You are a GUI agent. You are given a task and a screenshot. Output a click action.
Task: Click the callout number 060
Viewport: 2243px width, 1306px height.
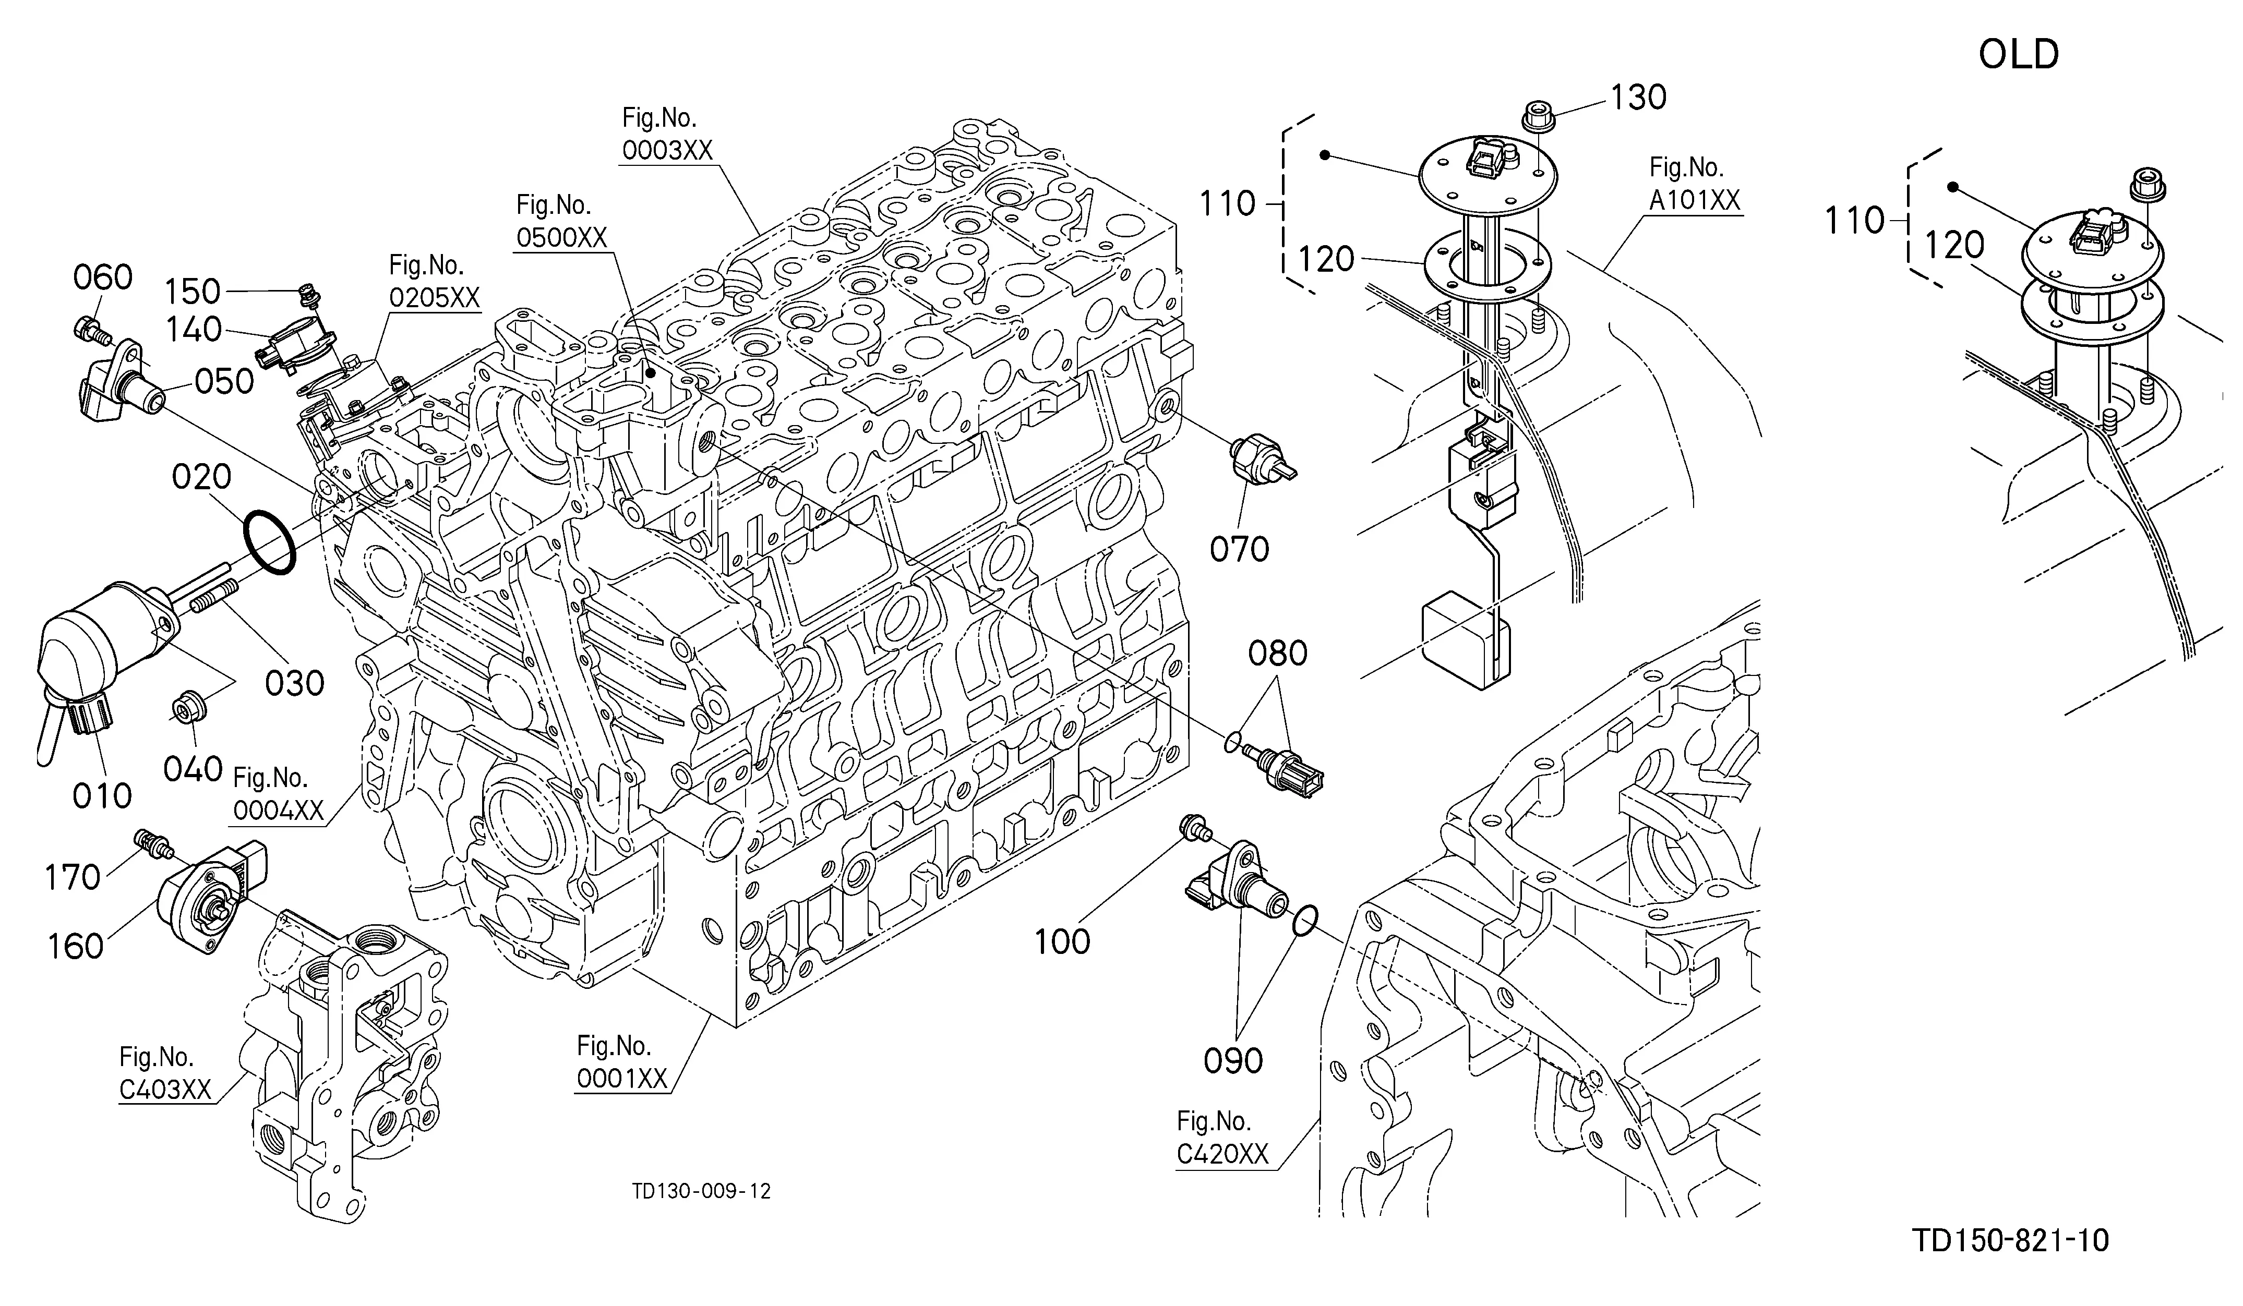tap(103, 277)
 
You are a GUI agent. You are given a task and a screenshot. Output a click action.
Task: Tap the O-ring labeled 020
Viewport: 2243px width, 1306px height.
tap(268, 542)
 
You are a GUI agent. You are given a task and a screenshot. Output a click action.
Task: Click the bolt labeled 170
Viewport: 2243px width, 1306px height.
tap(152, 842)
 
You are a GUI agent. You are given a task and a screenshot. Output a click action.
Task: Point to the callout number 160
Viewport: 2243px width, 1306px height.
tap(77, 946)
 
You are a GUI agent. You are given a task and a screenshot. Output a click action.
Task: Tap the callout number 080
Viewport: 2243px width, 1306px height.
tap(1277, 654)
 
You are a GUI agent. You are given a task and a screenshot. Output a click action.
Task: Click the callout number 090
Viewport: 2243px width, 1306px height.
tap(1233, 1060)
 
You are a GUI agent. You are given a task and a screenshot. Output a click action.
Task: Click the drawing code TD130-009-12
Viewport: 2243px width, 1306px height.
tap(701, 1191)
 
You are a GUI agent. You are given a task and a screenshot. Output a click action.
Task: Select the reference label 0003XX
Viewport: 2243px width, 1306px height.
tap(667, 150)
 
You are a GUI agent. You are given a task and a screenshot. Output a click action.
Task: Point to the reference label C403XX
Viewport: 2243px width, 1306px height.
tap(165, 1090)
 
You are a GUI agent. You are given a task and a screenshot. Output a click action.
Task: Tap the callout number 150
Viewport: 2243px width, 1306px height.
tap(193, 292)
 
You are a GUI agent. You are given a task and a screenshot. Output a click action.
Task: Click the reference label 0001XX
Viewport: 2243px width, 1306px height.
tap(622, 1078)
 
